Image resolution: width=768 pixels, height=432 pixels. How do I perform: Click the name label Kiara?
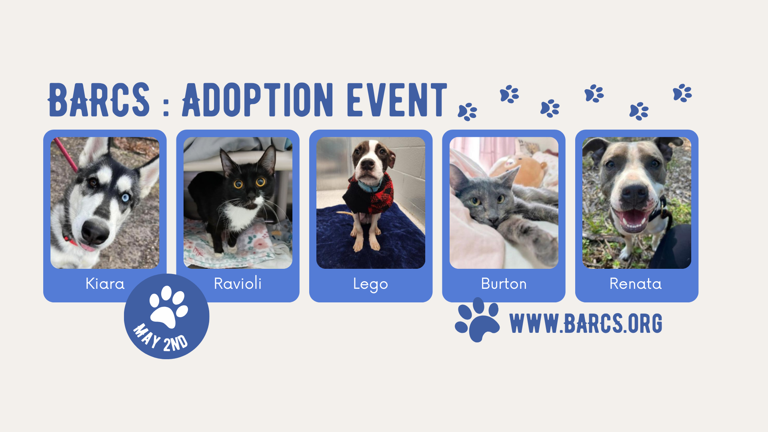coord(105,284)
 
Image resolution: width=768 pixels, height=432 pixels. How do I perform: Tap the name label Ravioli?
coord(238,284)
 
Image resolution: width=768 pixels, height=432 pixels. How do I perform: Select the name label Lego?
coord(370,284)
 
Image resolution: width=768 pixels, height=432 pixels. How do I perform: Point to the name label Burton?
coord(504,284)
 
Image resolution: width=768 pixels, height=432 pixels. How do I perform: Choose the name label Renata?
coord(636,284)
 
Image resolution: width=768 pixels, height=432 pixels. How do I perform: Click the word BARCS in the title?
coord(99,100)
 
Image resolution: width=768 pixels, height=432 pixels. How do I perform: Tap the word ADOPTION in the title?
coord(258,100)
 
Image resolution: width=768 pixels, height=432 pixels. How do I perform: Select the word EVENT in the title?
coord(397,100)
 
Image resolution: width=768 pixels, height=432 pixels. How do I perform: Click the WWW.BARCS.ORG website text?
coord(586,323)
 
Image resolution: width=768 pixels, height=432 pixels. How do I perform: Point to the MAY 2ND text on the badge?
coord(160,338)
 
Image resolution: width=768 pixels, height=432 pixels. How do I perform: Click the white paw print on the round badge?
coord(168,306)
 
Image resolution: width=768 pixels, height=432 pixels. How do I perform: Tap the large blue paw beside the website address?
coord(477,320)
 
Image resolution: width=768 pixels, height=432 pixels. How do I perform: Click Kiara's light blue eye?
coord(126,197)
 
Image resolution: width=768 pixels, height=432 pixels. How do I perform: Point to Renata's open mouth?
coord(633,218)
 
